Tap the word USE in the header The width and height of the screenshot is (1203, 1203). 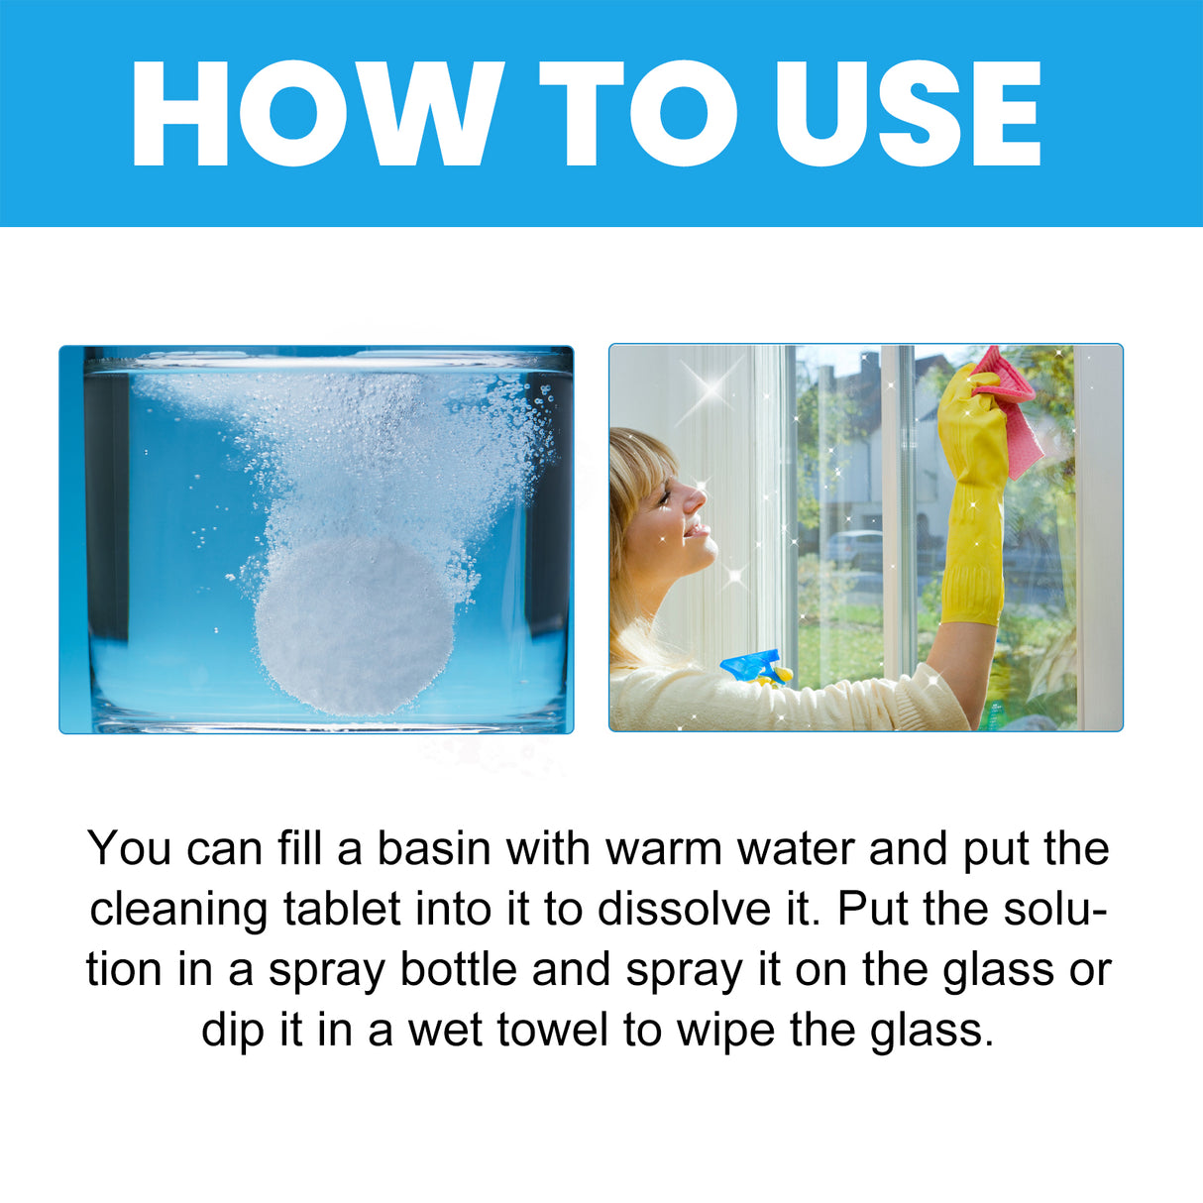tap(907, 114)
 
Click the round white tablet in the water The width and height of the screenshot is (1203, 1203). tap(355, 624)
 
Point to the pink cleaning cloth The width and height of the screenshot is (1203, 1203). tap(1011, 411)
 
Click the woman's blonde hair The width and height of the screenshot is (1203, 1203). tap(634, 495)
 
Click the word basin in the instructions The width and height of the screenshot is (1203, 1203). tap(434, 849)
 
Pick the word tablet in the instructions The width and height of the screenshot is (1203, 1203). tap(342, 910)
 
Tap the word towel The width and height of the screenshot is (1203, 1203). tap(552, 1031)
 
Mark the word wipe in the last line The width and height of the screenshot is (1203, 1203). tap(726, 1031)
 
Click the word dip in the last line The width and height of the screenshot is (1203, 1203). tap(235, 1031)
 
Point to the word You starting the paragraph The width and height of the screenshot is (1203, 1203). tap(129, 849)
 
